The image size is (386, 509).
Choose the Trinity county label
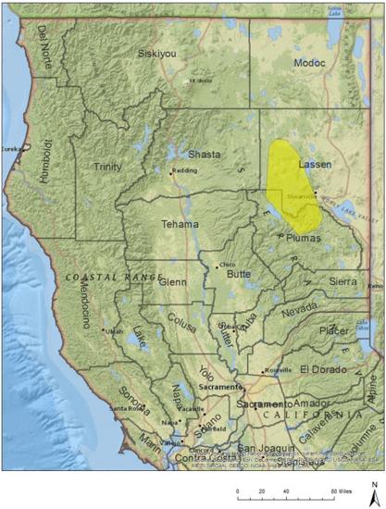107,167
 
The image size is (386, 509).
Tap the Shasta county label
205,155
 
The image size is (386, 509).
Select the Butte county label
239,275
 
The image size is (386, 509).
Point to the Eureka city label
11,148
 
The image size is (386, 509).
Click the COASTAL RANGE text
112,277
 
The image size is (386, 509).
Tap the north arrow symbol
371,490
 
